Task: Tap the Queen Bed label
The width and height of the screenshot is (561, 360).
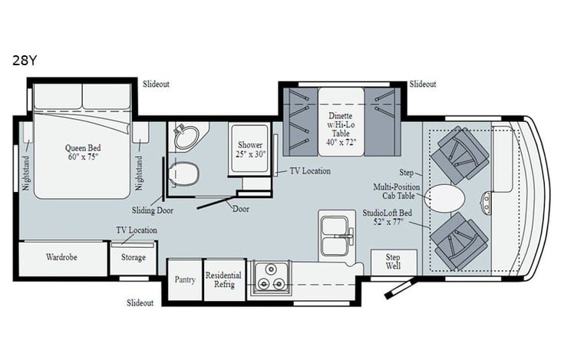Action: pos(83,153)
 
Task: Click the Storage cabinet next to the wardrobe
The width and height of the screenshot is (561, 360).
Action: pos(133,258)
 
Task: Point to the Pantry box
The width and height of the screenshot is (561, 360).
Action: pos(184,279)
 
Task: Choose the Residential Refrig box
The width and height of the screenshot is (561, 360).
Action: pos(223,279)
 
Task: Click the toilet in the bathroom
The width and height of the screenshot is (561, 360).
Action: pos(183,173)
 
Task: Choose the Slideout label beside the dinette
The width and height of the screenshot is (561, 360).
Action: pos(422,84)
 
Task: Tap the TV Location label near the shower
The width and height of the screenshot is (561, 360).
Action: pos(309,170)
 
